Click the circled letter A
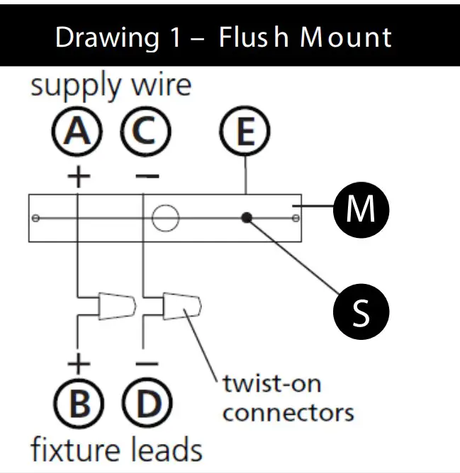click(77, 131)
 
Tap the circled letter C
click(145, 131)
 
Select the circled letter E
click(245, 131)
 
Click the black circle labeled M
click(361, 210)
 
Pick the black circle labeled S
click(361, 312)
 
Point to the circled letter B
click(79, 403)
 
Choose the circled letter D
click(147, 403)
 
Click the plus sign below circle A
click(79, 176)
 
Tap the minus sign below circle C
click(147, 176)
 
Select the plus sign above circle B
click(79, 363)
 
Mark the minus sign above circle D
click(147, 363)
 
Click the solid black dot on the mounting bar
click(247, 217)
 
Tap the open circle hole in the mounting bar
click(166, 218)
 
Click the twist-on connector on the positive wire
click(117, 306)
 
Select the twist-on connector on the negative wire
click(182, 306)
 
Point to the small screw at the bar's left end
click(35, 218)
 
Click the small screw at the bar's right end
click(296, 218)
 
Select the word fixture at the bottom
click(75, 450)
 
